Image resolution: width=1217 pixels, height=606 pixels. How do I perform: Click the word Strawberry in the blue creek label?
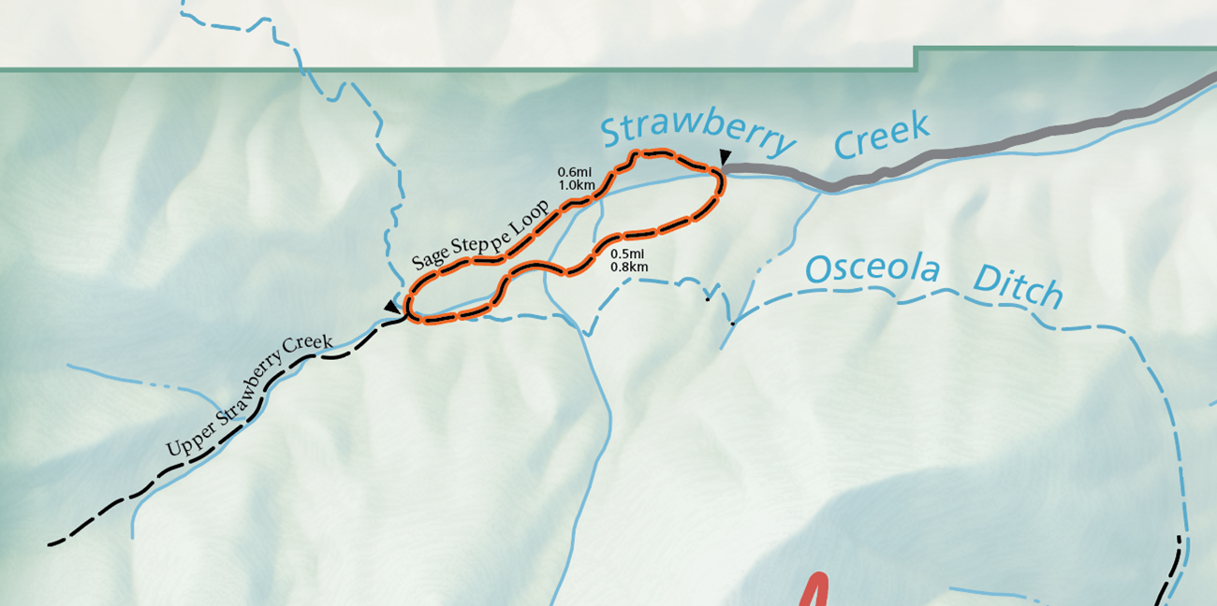point(696,136)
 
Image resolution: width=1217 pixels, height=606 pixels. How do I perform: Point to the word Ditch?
point(1018,287)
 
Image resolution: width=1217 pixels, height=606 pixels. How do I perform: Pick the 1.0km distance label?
point(577,184)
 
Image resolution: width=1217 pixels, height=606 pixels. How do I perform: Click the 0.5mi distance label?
point(628,253)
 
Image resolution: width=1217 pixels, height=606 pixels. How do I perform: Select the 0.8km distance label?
point(629,267)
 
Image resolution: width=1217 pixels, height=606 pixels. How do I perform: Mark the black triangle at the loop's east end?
point(726,156)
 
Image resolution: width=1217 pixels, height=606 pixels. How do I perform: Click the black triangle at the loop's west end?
point(391,306)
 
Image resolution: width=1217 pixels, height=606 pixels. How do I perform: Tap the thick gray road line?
point(983,150)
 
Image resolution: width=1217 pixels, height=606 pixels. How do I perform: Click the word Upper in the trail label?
point(184,442)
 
